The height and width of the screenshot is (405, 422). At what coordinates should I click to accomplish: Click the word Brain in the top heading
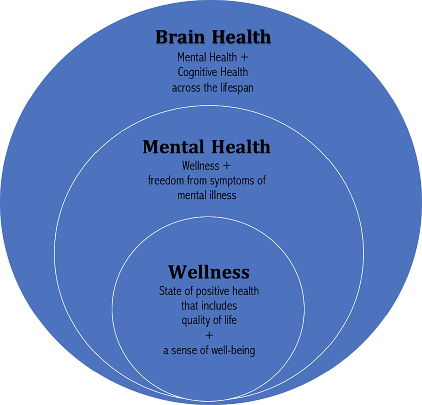181,37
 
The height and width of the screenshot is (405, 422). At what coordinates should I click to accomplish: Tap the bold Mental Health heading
206,147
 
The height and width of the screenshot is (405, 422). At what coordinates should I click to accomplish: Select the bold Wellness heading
209,272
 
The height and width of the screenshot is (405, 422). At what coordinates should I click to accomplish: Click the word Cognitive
195,72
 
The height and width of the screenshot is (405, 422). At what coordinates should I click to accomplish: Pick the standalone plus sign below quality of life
209,335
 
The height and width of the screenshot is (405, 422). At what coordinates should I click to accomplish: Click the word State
169,291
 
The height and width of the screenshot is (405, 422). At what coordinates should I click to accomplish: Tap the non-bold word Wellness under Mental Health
201,166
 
